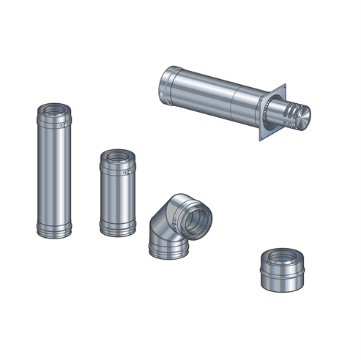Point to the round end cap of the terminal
coord(302,115)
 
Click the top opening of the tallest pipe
coord(56,110)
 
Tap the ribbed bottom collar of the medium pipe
coord(117,228)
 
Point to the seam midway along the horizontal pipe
coord(233,102)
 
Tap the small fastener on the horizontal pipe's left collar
coord(160,91)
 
